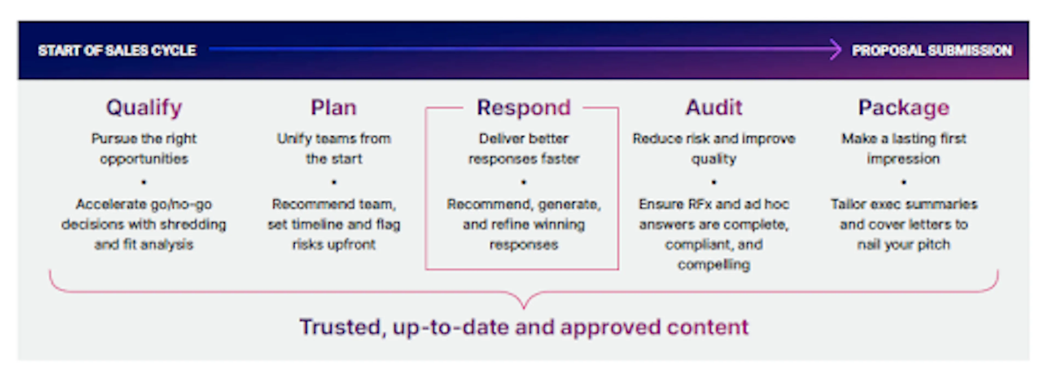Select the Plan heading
tap(333, 108)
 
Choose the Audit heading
tap(714, 108)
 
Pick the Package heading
tap(904, 108)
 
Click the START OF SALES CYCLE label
tap(117, 51)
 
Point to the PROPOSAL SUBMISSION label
tap(932, 51)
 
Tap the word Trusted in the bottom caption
tap(340, 327)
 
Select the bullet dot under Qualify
tap(144, 182)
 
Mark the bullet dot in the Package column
tap(904, 182)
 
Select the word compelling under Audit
tap(714, 265)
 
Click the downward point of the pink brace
tap(524, 307)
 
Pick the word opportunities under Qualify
tap(144, 159)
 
